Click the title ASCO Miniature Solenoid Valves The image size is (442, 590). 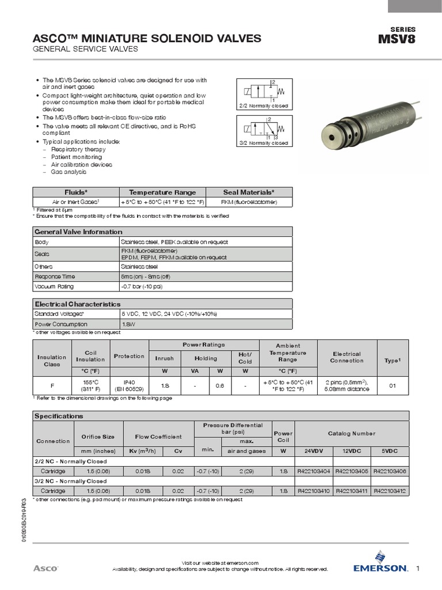click(x=147, y=39)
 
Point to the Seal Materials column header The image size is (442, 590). click(x=248, y=192)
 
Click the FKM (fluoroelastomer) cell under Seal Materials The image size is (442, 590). click(x=248, y=202)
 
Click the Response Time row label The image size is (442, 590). click(x=55, y=277)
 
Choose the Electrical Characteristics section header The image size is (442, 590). click(x=78, y=304)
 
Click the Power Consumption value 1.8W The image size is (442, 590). click(x=128, y=324)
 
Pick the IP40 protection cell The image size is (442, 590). click(x=129, y=382)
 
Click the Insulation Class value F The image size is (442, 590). click(x=52, y=385)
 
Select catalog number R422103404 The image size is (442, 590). click(x=314, y=471)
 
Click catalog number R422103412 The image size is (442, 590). click(x=390, y=491)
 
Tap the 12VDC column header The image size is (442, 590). click(x=352, y=451)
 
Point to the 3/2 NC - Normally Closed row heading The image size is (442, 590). click(x=71, y=481)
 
